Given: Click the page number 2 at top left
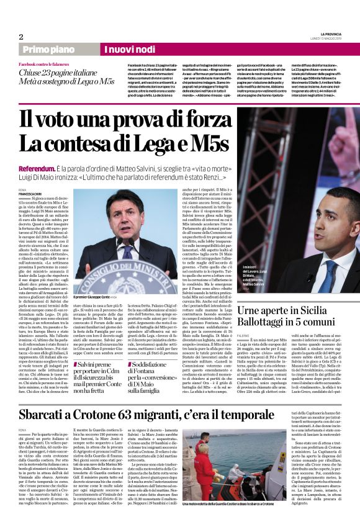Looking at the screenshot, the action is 20,36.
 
